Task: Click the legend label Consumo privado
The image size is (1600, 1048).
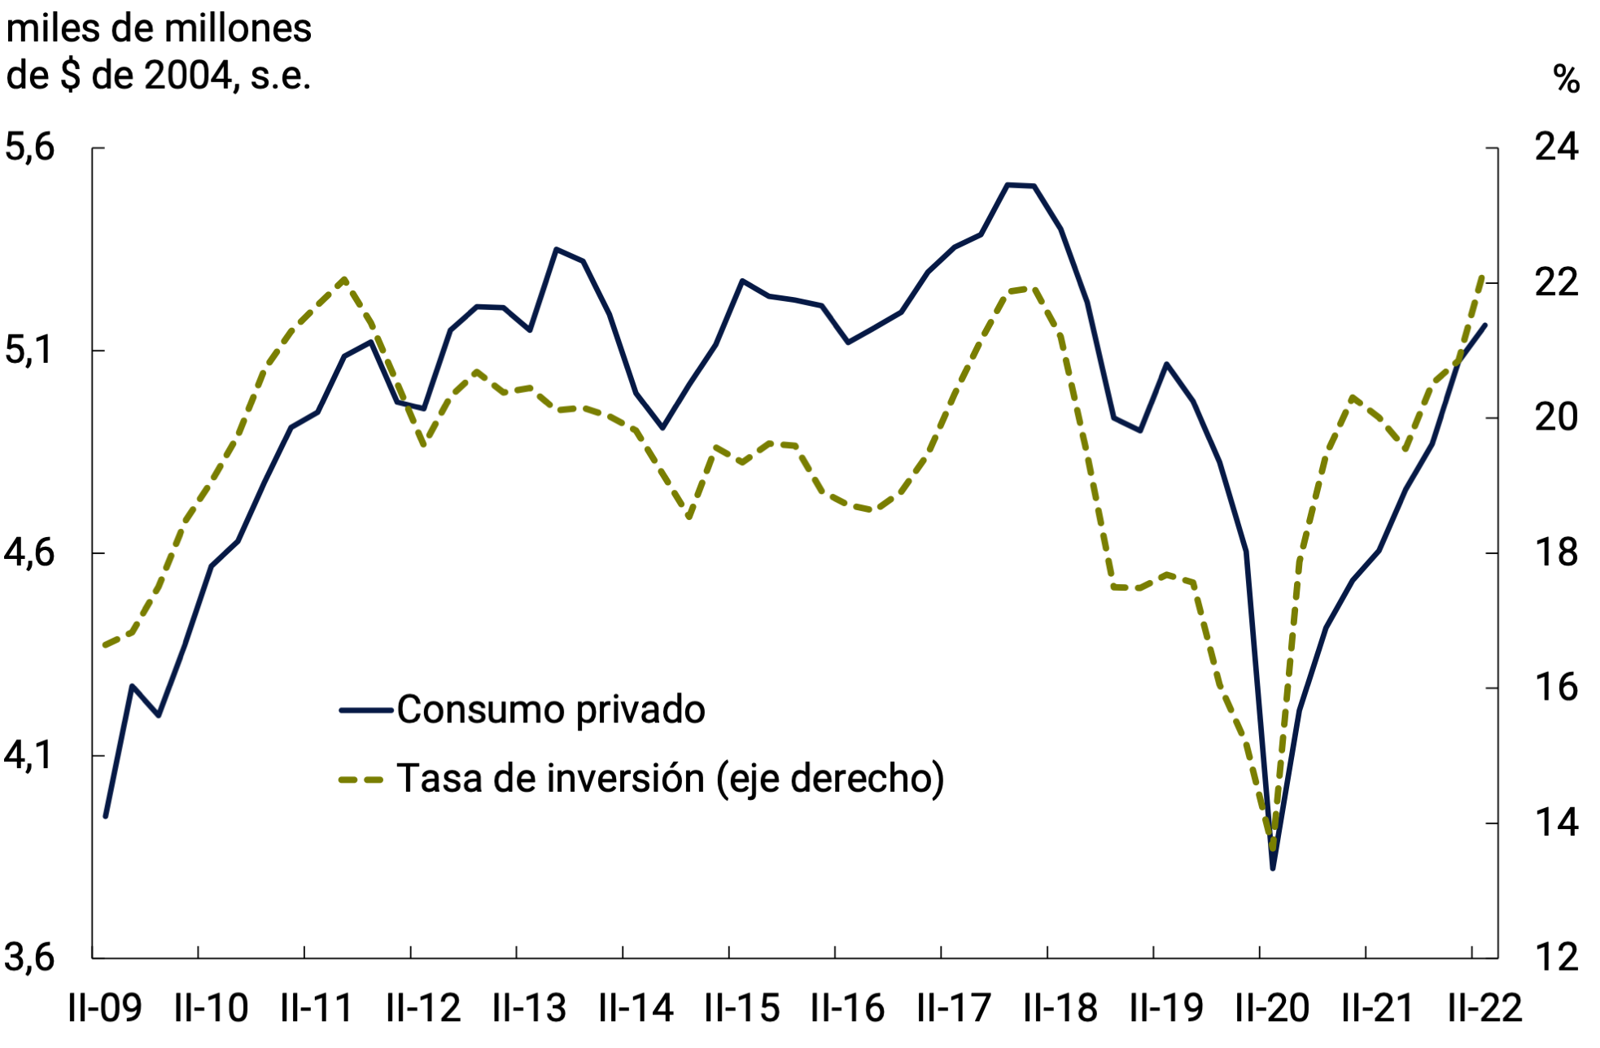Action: click(550, 710)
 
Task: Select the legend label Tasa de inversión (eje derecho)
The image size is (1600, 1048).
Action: click(670, 779)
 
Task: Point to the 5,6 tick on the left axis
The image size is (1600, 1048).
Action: click(30, 147)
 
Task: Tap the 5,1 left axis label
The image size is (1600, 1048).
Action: click(30, 350)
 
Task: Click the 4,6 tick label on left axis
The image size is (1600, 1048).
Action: click(30, 552)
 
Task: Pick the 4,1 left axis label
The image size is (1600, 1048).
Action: click(30, 755)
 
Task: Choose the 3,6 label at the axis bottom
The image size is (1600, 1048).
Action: click(30, 957)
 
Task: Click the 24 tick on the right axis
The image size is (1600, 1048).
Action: click(1555, 147)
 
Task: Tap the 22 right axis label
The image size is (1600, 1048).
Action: click(1555, 282)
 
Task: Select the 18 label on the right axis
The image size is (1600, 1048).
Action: click(1555, 552)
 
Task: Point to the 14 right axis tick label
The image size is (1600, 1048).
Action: click(1555, 823)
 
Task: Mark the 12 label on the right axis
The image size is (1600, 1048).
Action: click(1555, 957)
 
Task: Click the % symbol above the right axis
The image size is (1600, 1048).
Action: click(1566, 80)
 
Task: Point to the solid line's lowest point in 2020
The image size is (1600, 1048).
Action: click(1272, 868)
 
